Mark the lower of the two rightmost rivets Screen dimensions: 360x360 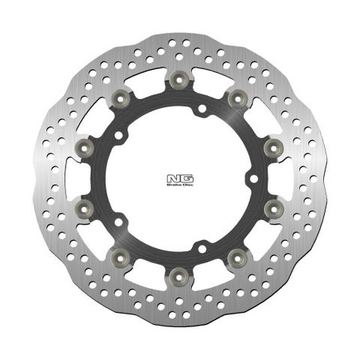coord(272,209)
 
